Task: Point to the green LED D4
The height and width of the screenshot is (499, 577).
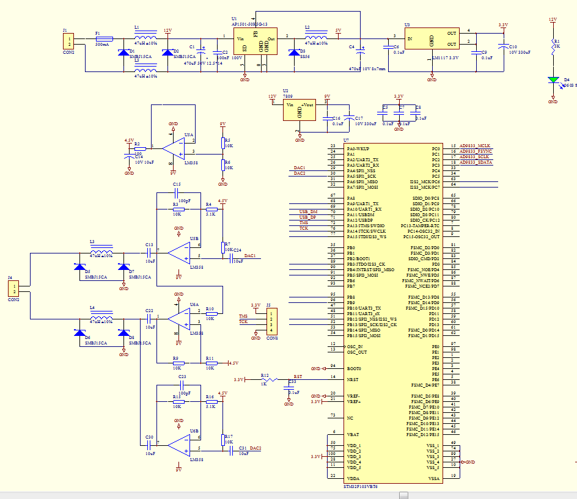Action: pyautogui.click(x=553, y=80)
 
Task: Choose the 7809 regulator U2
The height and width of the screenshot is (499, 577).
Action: pyautogui.click(x=300, y=111)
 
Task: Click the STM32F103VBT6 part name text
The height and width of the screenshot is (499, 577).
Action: pyautogui.click(x=361, y=486)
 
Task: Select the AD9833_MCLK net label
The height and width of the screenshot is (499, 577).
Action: pyautogui.click(x=476, y=146)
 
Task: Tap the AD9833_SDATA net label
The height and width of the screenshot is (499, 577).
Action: pyautogui.click(x=476, y=162)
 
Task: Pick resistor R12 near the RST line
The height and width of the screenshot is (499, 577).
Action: pyautogui.click(x=265, y=380)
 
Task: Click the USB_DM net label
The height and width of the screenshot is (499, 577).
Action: pyautogui.click(x=307, y=211)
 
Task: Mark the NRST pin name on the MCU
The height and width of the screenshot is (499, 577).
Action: pyautogui.click(x=352, y=380)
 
